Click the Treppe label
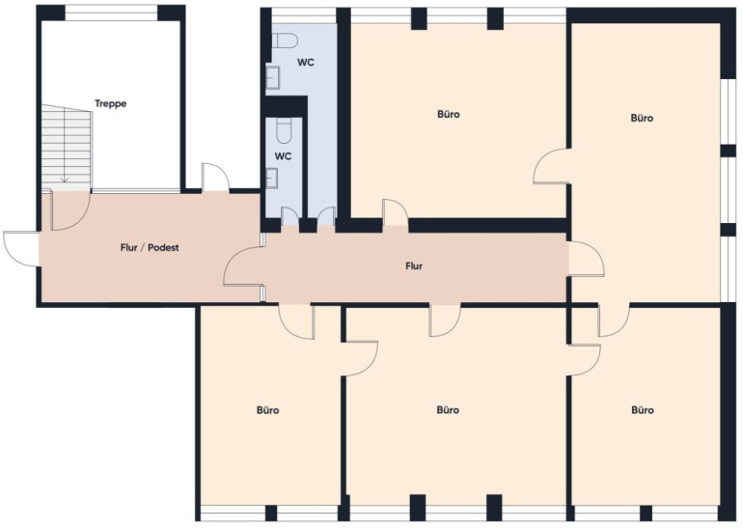(110, 103)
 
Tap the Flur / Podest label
(150, 247)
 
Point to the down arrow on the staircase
(65, 180)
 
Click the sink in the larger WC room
(273, 78)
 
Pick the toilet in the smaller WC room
(284, 131)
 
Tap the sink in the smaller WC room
(272, 179)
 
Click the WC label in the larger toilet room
(306, 63)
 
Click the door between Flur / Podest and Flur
(242, 267)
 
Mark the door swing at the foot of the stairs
(70, 210)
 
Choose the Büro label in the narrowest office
(267, 410)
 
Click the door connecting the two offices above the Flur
(551, 165)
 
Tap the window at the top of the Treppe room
(111, 13)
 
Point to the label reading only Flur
(414, 266)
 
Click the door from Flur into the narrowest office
(297, 321)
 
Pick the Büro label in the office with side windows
(642, 118)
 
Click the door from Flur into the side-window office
(587, 259)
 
